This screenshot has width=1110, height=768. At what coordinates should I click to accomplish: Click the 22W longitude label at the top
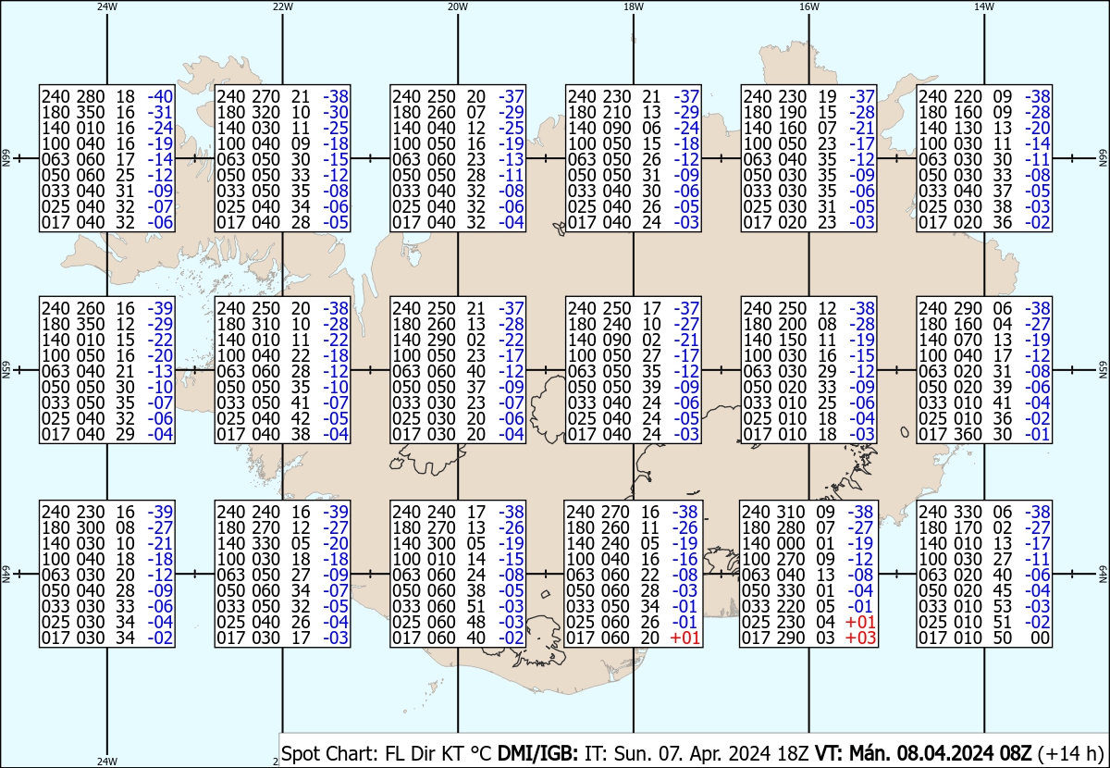point(283,6)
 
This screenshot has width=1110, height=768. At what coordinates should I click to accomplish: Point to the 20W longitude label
point(457,6)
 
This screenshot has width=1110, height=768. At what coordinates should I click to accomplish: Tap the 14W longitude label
point(983,6)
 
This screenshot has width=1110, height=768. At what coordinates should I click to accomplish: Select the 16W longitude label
point(808,6)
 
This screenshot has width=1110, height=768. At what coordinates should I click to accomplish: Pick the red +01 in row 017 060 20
point(684,638)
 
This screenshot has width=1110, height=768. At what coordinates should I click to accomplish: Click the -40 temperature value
point(161,96)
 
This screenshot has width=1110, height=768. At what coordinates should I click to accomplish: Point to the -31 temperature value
point(161,112)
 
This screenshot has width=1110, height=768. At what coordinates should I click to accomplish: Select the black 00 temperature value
point(1040,638)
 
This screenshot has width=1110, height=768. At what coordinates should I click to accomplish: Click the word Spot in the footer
point(300,752)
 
